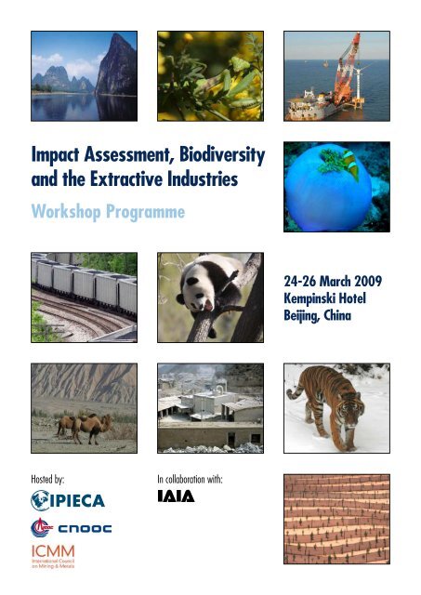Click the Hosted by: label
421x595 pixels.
[x=47, y=478]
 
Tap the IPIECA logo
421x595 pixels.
[x=68, y=500]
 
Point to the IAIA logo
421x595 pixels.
[x=176, y=497]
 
